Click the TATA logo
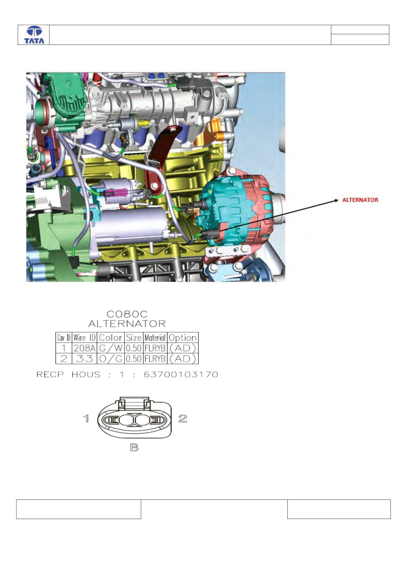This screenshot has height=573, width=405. (x=34, y=35)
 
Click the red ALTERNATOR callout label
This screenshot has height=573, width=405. (x=360, y=200)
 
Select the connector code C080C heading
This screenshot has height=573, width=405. (x=127, y=314)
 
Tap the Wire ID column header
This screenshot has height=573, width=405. (x=84, y=338)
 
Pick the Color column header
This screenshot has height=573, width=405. (x=110, y=338)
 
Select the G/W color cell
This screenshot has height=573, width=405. (x=111, y=348)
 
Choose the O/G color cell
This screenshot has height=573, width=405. (x=111, y=359)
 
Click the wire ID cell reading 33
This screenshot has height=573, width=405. (x=84, y=359)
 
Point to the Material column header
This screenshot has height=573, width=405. (x=155, y=338)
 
